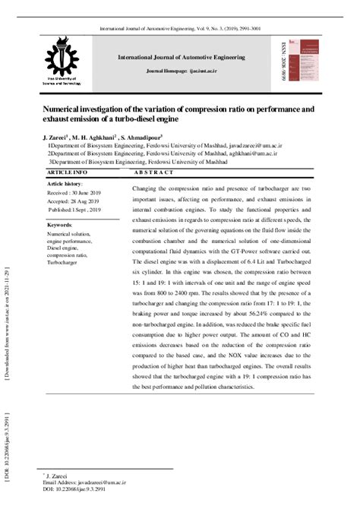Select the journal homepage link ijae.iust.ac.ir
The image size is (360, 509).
[194, 68]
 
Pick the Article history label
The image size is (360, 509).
[65, 184]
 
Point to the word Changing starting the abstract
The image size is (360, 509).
[147, 188]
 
